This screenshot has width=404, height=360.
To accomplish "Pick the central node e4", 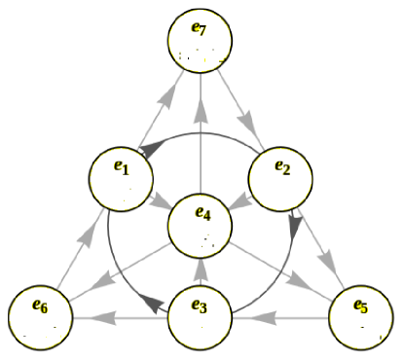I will [x=202, y=226].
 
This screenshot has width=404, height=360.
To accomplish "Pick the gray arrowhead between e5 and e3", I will [x=268, y=316].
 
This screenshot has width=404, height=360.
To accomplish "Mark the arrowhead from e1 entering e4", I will [x=161, y=203].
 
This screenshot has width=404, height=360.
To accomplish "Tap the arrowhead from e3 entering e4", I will [x=201, y=269].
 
